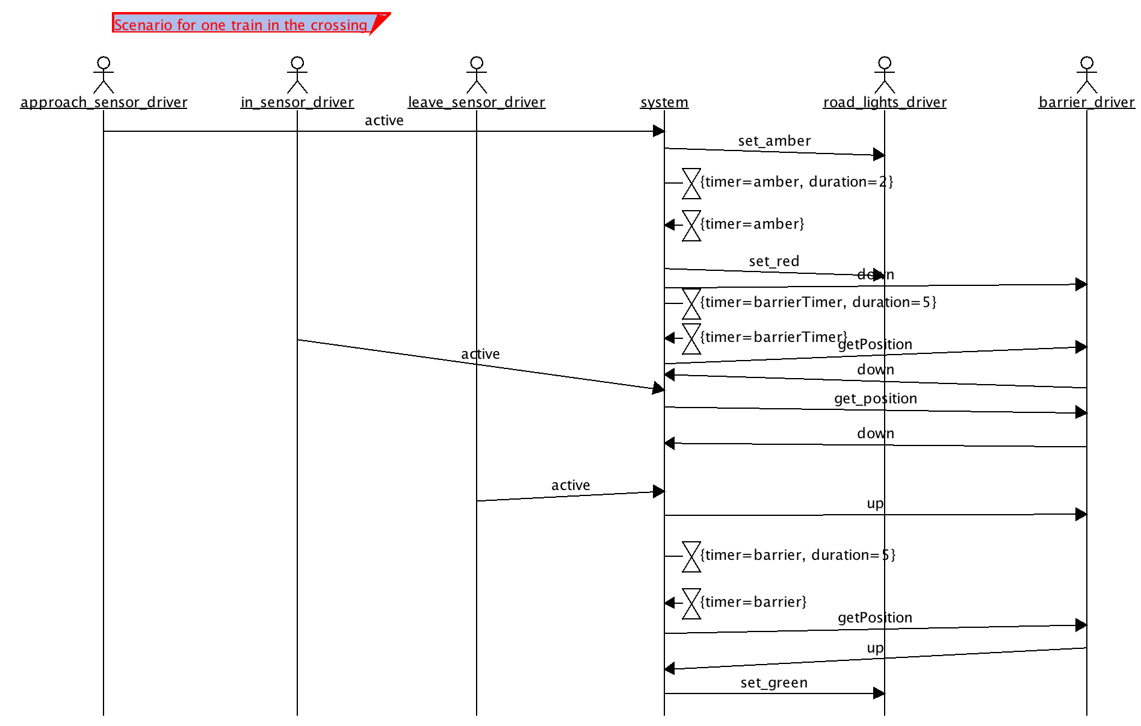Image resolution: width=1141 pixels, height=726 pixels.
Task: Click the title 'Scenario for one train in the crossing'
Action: click(241, 25)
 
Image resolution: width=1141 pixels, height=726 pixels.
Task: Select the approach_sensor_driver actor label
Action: click(104, 102)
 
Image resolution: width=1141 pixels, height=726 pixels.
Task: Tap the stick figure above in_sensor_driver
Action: click(297, 75)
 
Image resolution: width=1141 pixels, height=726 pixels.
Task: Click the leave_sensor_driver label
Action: click(477, 102)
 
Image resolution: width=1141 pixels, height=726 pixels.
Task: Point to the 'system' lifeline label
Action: click(664, 102)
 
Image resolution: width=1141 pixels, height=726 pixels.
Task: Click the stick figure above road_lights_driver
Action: click(885, 75)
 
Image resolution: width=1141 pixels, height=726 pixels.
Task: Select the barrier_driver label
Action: click(1087, 102)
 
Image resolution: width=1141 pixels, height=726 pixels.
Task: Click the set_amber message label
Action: click(775, 141)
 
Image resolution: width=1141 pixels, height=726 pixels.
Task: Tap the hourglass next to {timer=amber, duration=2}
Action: click(691, 183)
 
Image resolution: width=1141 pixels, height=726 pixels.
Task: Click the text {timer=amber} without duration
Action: click(752, 224)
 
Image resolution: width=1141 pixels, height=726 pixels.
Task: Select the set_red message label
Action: click(774, 261)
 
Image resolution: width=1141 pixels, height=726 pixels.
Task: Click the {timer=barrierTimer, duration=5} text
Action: click(818, 302)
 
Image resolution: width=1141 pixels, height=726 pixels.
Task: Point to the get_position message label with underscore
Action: click(876, 399)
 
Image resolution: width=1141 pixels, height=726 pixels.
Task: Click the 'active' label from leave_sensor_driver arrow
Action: click(570, 485)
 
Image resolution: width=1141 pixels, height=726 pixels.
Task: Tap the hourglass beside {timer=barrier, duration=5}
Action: click(691, 556)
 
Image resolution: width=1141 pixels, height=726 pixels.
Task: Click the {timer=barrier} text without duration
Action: click(753, 602)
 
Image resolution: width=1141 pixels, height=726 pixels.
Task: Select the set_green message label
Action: click(774, 683)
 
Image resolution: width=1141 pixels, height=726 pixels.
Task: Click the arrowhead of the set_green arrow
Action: click(879, 693)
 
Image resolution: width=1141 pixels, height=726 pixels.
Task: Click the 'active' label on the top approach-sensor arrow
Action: click(384, 120)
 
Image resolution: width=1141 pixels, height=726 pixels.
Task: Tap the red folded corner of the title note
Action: click(380, 22)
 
